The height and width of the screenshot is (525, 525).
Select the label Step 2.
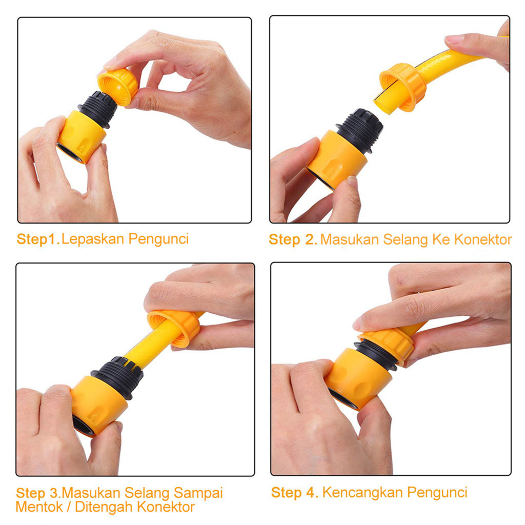coord(293,240)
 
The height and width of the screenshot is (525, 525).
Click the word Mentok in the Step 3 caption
coord(39,507)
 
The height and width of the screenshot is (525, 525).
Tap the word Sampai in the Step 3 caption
coord(198,494)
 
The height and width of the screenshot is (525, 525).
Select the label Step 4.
coord(294,493)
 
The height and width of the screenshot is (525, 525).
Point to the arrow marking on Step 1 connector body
coord(82,148)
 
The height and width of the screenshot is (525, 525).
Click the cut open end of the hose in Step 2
coord(382,103)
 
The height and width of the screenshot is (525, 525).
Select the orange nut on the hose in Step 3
coord(174,329)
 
